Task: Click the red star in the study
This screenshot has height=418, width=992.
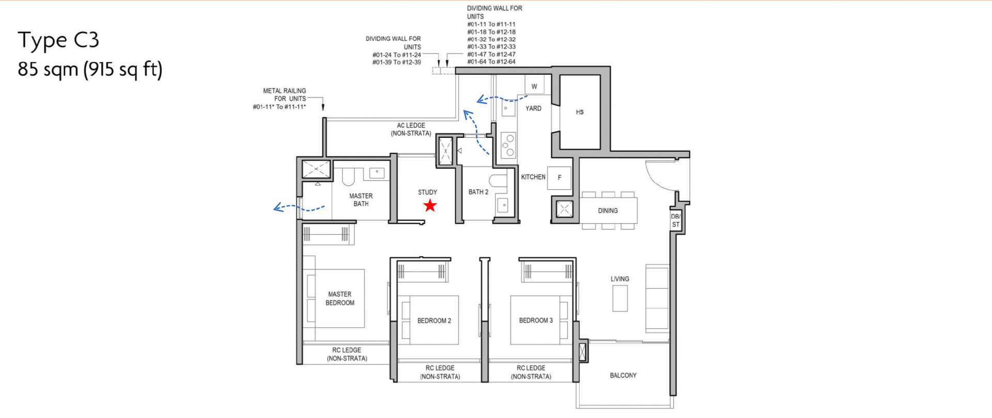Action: click(430, 206)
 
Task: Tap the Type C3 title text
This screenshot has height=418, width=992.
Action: click(58, 40)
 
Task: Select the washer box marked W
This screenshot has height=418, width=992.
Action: click(534, 85)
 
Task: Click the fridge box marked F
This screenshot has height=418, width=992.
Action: click(560, 178)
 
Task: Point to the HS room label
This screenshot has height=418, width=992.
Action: click(580, 112)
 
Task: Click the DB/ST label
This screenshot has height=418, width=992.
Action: click(676, 220)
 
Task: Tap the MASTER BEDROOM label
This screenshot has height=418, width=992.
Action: click(340, 298)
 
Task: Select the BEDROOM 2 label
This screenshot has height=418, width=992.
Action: click(434, 320)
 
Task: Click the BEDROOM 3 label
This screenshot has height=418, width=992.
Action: click(536, 320)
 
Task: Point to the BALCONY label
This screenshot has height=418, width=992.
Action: click(623, 375)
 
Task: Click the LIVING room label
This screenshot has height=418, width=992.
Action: click(620, 279)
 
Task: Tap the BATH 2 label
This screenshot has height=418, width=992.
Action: click(478, 192)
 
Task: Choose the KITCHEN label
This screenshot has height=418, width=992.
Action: click(533, 177)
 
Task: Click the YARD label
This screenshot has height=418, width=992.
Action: click(534, 108)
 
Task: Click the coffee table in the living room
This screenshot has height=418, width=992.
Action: click(620, 298)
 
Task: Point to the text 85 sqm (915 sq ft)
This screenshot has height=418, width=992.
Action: click(90, 69)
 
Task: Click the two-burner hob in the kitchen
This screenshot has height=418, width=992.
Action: click(509, 146)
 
